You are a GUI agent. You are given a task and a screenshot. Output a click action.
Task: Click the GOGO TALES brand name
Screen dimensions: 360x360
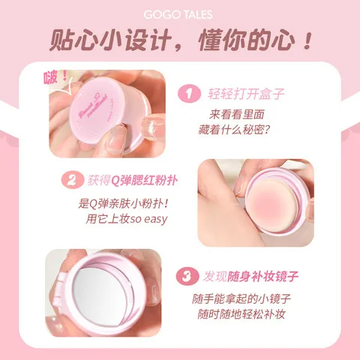pos(179,13)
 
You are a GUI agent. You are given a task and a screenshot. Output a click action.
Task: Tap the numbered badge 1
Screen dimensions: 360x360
pos(187,94)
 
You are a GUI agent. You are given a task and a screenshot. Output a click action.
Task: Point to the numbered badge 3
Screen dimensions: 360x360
pos(186,277)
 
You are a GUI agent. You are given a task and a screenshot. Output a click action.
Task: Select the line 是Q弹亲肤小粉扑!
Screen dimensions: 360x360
pos(124,203)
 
